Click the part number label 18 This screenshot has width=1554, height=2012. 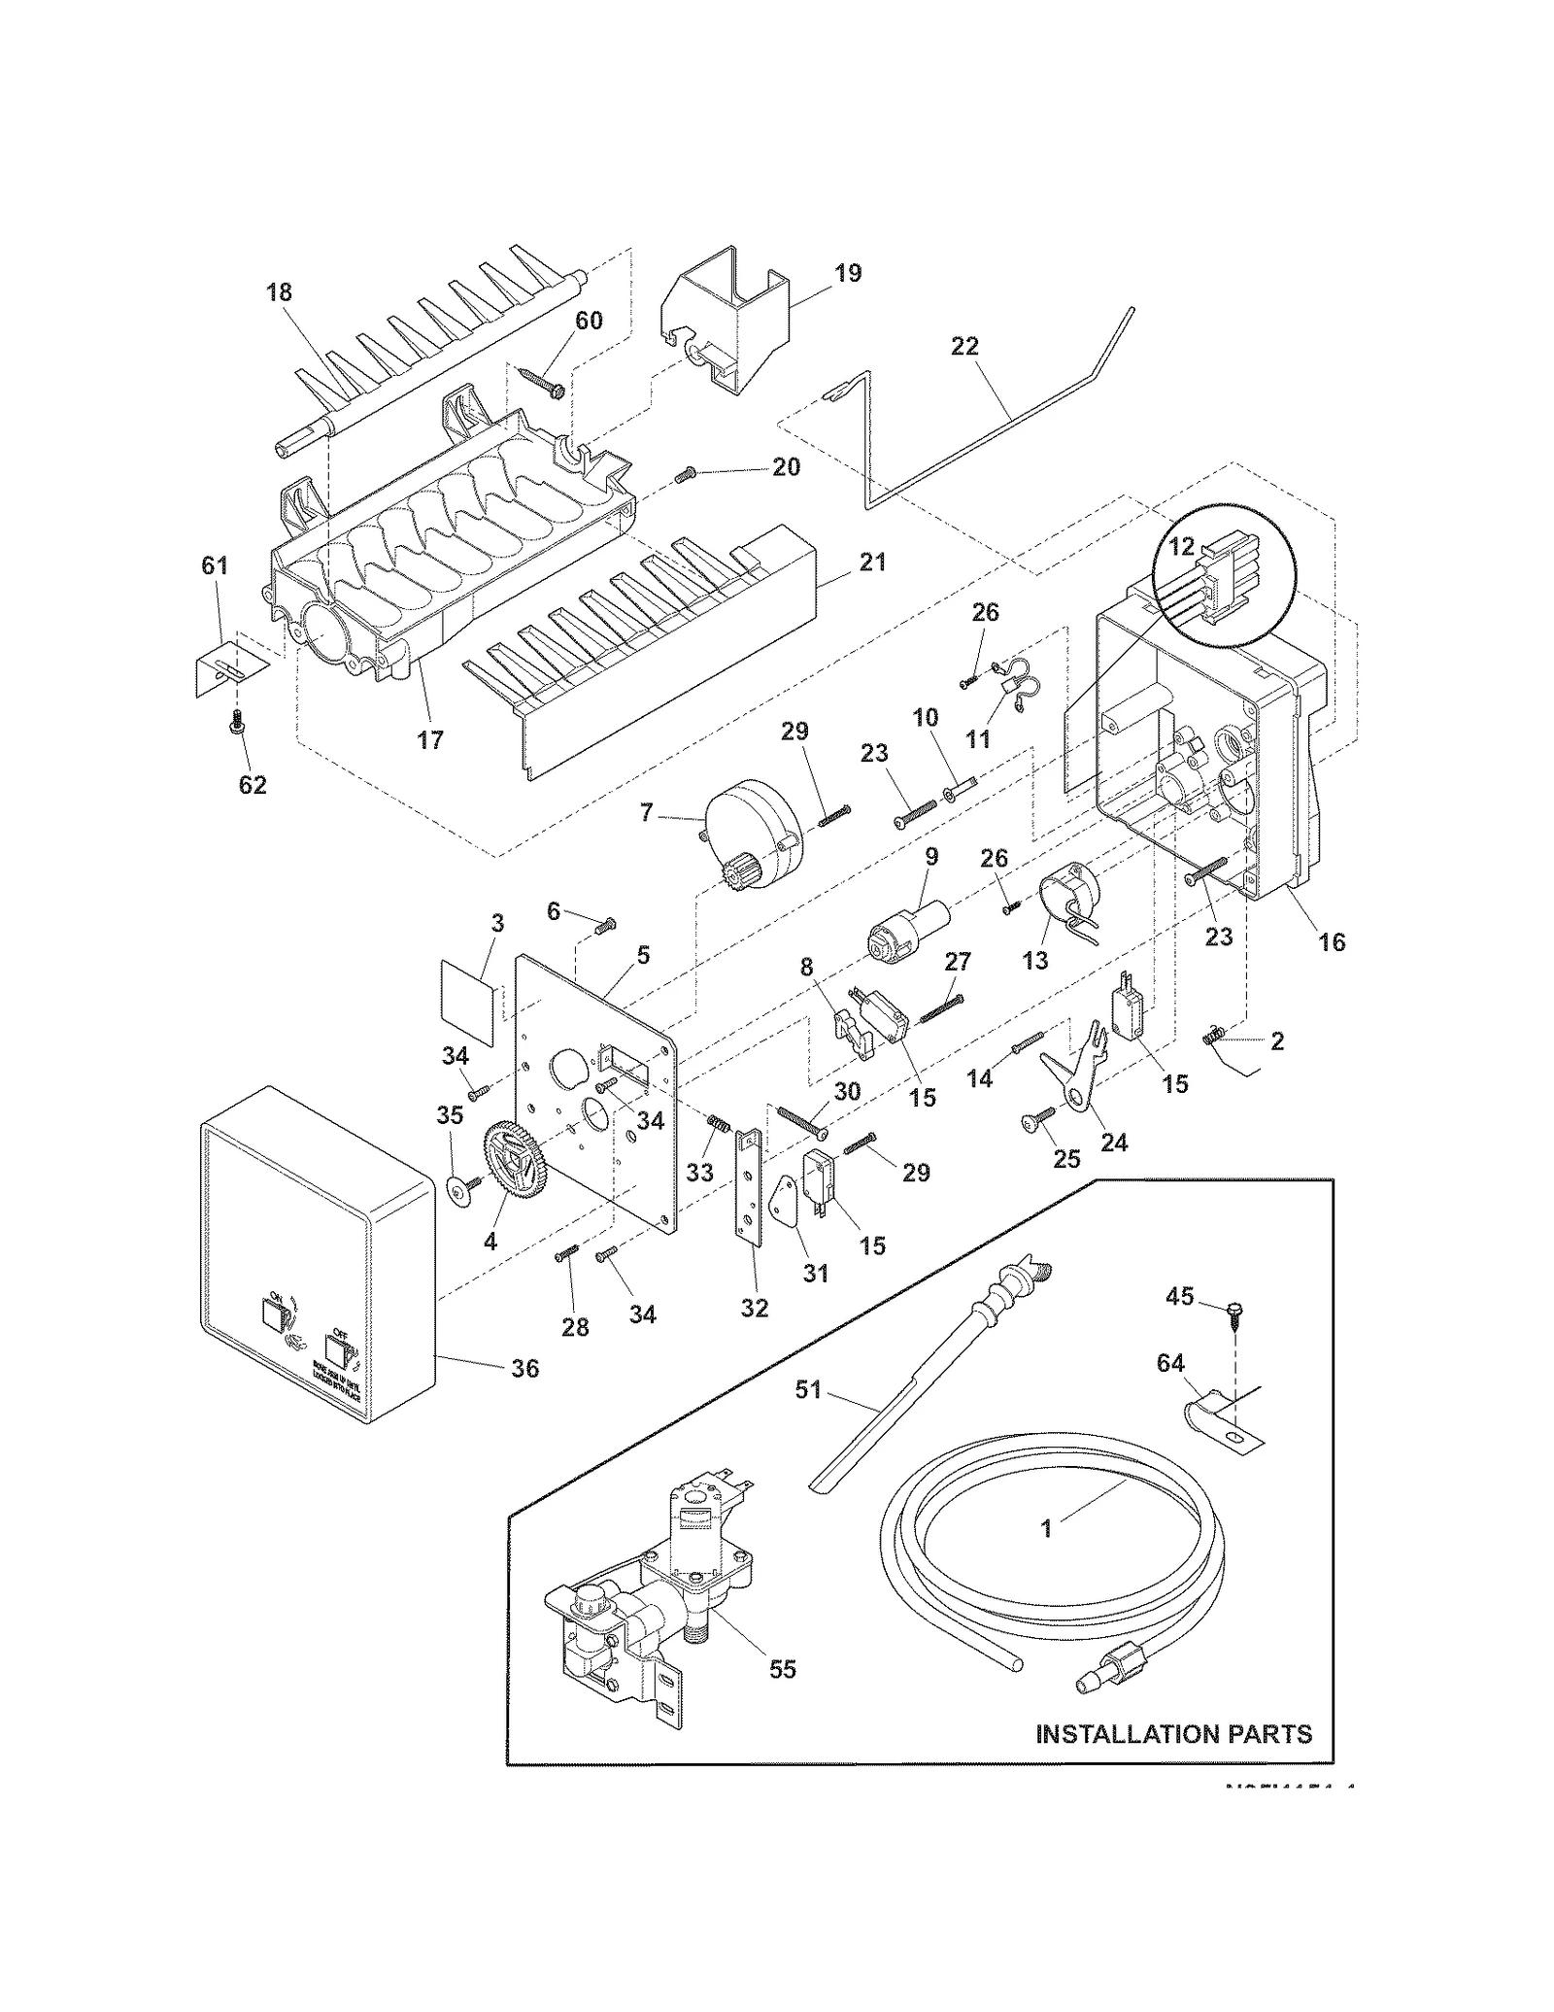(x=279, y=292)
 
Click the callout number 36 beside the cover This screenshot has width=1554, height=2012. (x=524, y=1368)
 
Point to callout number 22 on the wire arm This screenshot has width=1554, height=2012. (x=964, y=346)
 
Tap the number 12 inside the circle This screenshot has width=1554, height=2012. (x=1181, y=547)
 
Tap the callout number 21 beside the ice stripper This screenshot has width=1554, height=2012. (x=872, y=562)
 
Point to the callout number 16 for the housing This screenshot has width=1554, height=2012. (x=1332, y=941)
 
